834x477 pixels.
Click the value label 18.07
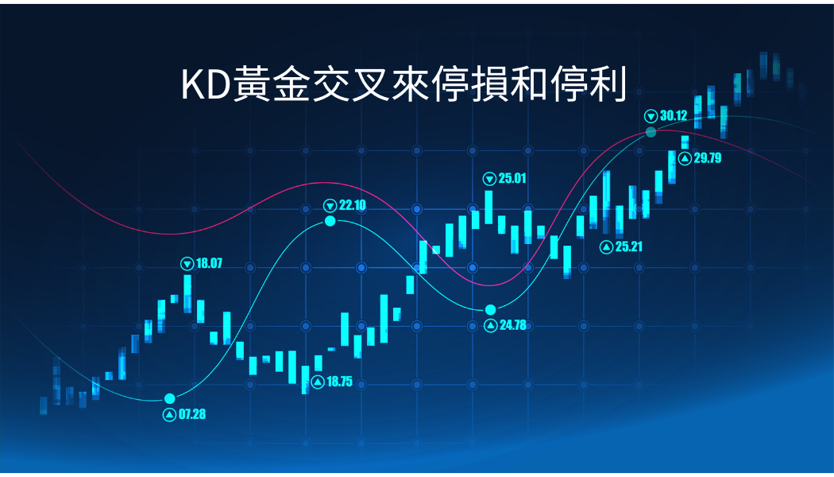click(209, 263)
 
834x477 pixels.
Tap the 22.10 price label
click(352, 205)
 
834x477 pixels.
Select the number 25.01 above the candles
click(512, 178)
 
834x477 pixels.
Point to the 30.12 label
click(674, 115)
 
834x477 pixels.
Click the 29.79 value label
click(708, 157)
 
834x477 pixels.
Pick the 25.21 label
click(629, 246)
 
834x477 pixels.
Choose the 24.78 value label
click(513, 324)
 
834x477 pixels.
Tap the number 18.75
click(339, 381)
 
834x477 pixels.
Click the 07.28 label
click(192, 414)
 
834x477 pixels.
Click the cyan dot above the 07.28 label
click(170, 398)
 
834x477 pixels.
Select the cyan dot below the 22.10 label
click(330, 220)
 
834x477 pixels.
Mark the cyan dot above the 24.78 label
click(490, 309)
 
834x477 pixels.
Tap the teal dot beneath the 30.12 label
click(651, 132)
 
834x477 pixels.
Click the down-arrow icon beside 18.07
click(187, 263)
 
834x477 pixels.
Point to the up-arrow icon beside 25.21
click(606, 247)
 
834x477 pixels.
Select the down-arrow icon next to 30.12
click(651, 115)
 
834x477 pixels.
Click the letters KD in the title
click(206, 85)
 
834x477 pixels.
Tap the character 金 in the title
click(291, 84)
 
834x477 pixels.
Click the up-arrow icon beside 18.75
click(318, 382)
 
